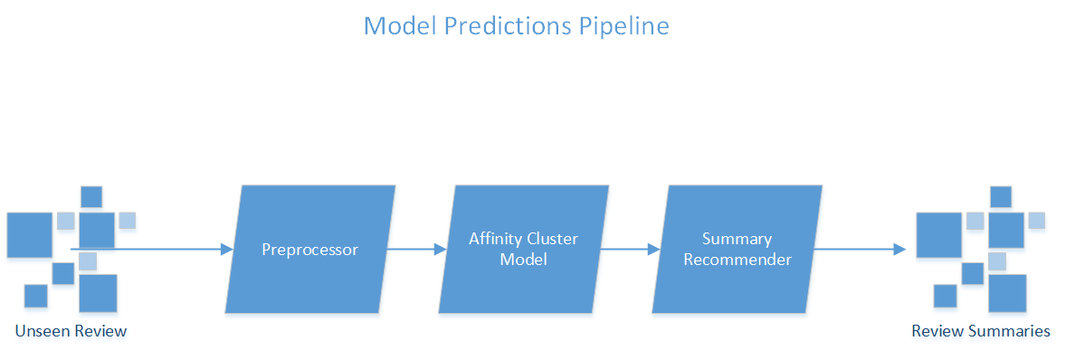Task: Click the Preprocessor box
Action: coord(310,250)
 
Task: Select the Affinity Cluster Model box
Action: coord(523,250)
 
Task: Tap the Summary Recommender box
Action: coord(737,250)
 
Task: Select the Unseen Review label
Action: coord(71,331)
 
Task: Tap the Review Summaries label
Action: coord(981,331)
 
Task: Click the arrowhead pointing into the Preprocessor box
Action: coord(227,250)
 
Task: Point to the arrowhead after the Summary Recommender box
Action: coord(900,250)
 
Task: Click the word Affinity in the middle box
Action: coord(493,239)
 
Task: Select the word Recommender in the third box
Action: coord(738,260)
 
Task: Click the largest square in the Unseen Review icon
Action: coord(29,235)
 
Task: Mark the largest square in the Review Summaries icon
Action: coord(939,235)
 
